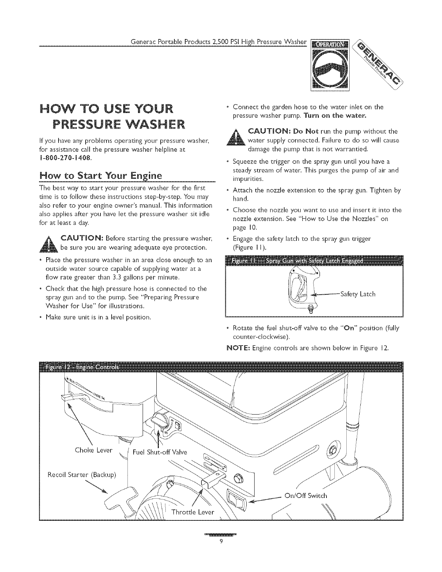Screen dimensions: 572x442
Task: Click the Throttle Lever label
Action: (x=193, y=512)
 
